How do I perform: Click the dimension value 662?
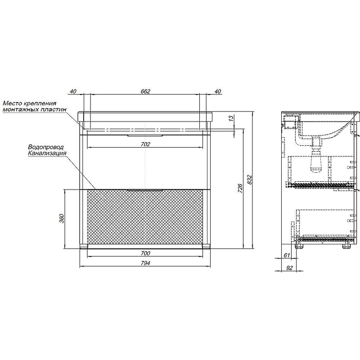click(145, 91)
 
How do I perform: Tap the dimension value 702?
click(145, 144)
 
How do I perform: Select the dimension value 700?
click(145, 253)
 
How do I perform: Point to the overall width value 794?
click(145, 263)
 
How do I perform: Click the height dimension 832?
click(250, 180)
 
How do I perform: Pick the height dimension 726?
click(240, 188)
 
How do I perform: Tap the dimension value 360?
click(61, 218)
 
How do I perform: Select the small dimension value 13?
click(231, 118)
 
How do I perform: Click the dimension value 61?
click(287, 255)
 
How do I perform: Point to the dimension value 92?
click(289, 268)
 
